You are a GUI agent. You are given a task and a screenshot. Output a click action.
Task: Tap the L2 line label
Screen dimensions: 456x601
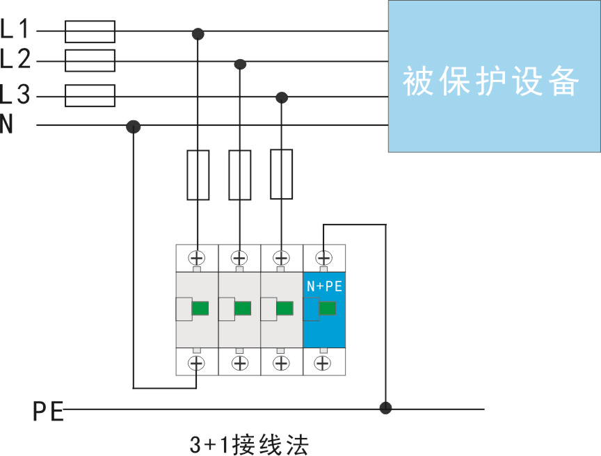[15, 60]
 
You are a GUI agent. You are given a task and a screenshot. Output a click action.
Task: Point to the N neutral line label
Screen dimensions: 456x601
[7, 125]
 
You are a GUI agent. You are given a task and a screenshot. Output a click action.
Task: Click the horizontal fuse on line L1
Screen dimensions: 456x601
[90, 31]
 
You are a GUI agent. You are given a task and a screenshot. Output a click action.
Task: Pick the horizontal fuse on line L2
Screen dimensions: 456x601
[90, 60]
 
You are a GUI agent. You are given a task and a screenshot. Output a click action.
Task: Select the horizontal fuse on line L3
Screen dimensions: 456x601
[90, 96]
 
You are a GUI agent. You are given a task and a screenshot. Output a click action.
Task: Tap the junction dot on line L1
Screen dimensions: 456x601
[198, 33]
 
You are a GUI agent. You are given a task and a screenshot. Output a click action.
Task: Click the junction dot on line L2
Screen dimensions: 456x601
[240, 64]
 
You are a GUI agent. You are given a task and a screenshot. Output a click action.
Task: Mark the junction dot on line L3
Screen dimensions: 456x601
[282, 97]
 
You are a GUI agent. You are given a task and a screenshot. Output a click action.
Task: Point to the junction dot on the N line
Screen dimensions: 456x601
[134, 127]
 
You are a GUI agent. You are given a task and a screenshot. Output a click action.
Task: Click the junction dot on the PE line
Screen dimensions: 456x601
[385, 408]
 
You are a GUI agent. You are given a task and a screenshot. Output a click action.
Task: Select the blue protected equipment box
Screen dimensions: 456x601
[494, 76]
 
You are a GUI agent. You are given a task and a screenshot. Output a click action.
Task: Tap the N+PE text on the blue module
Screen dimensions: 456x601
[324, 286]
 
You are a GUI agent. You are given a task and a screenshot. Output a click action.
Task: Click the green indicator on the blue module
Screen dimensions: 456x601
[328, 309]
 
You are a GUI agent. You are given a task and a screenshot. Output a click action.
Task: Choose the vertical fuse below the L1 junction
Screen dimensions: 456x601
[198, 174]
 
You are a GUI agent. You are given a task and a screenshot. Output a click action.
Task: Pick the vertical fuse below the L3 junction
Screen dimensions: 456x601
[282, 174]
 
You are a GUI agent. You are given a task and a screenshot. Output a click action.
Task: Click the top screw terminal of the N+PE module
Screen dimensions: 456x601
[323, 257]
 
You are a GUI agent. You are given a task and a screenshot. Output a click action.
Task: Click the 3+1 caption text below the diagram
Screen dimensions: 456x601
[248, 443]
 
